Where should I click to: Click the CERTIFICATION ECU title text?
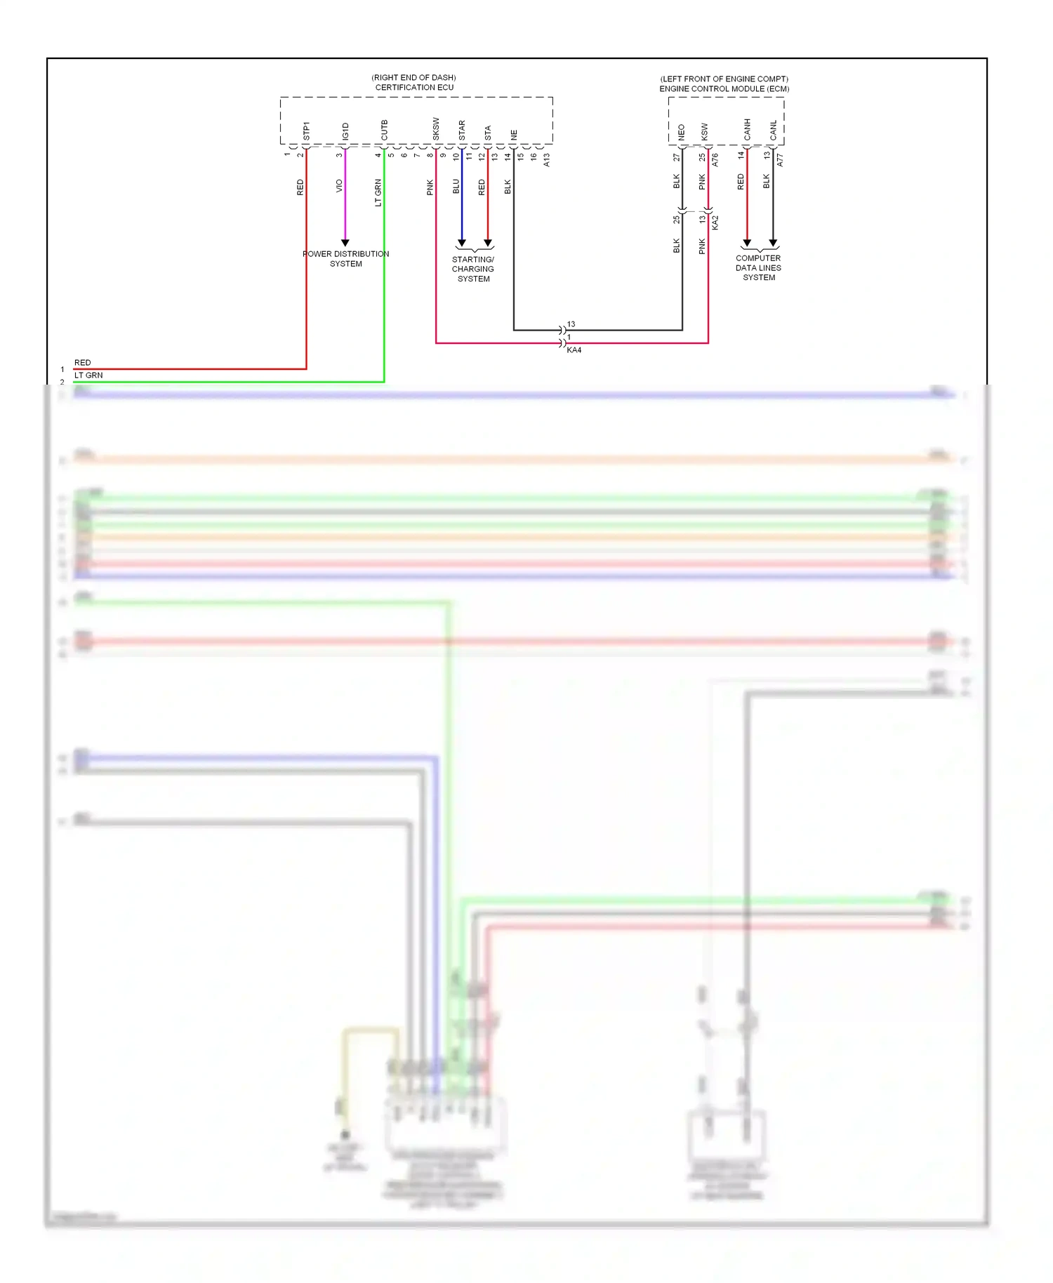click(414, 88)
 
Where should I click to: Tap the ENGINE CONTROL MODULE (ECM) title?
click(724, 89)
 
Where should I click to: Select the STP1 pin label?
click(306, 131)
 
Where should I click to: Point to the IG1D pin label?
click(345, 131)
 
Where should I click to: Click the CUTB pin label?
click(384, 130)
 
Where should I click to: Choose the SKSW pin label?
click(435, 128)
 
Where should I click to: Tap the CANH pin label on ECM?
click(747, 128)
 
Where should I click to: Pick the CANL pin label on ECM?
click(773, 129)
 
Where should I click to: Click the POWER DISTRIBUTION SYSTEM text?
click(345, 259)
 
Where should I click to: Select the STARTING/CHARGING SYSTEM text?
click(473, 269)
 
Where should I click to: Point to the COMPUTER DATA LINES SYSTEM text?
click(758, 267)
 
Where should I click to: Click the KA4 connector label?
click(574, 350)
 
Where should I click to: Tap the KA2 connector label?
click(715, 222)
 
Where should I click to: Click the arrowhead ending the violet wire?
click(345, 243)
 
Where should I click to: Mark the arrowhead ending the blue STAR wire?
click(461, 243)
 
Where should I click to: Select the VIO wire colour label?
click(339, 186)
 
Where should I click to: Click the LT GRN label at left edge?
click(88, 375)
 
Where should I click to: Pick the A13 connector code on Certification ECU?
click(546, 159)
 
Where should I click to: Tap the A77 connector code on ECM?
click(779, 159)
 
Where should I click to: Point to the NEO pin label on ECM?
click(681, 132)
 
